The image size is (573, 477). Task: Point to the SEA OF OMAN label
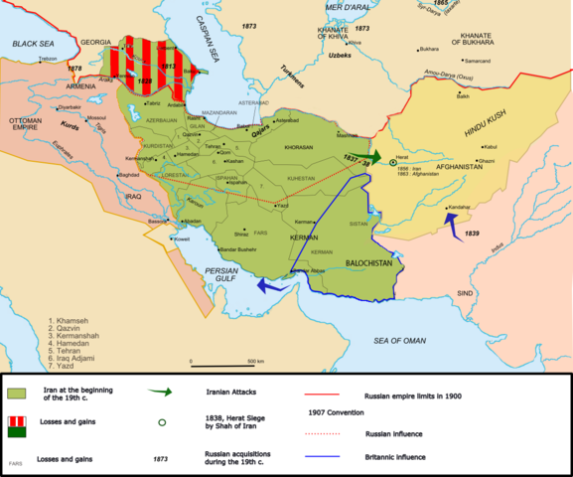tap(419, 341)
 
